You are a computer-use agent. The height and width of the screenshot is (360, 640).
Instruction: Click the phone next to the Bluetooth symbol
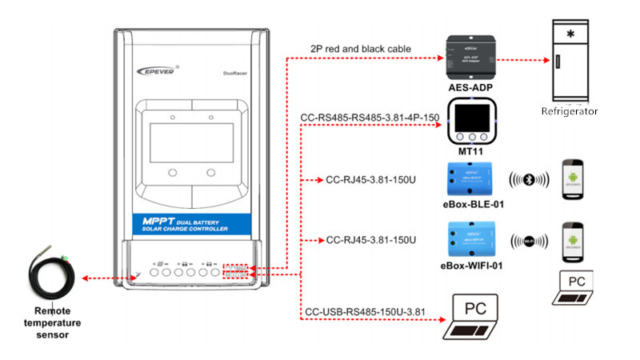575,181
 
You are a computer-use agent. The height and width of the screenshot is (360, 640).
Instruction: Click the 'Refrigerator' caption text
570,111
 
